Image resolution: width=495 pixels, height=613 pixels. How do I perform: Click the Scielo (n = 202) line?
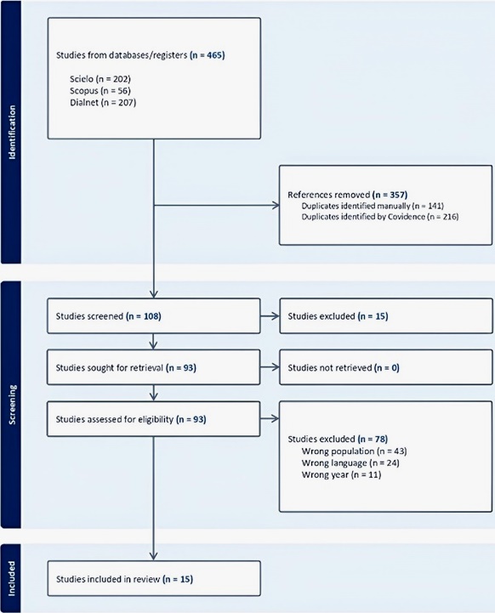click(100, 79)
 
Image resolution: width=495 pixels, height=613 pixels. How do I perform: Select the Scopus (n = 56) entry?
click(100, 91)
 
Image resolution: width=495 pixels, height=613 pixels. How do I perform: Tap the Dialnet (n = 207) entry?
click(103, 102)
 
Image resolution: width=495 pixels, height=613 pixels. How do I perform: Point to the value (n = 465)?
click(208, 55)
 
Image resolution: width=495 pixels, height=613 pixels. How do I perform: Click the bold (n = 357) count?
click(390, 195)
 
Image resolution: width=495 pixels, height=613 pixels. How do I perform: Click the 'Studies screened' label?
click(89, 316)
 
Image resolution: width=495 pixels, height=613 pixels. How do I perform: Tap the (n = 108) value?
click(144, 316)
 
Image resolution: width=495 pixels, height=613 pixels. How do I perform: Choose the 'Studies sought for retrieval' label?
click(110, 368)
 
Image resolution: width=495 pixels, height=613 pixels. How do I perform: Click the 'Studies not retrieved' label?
click(330, 368)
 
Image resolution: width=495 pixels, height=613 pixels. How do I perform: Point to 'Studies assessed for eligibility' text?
click(115, 419)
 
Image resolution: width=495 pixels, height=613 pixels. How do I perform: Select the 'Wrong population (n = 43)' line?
click(355, 451)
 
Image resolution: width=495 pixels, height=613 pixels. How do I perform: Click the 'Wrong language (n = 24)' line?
click(350, 463)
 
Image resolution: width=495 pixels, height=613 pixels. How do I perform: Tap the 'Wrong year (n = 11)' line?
click(341, 475)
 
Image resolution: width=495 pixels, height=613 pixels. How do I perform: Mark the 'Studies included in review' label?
click(108, 579)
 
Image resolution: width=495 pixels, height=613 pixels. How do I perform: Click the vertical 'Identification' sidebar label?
click(12, 132)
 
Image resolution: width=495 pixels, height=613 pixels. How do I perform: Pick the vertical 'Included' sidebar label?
click(12, 579)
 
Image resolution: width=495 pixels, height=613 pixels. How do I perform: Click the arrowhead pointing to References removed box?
click(276, 205)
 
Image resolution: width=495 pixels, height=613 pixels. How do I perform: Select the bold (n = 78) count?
click(373, 439)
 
